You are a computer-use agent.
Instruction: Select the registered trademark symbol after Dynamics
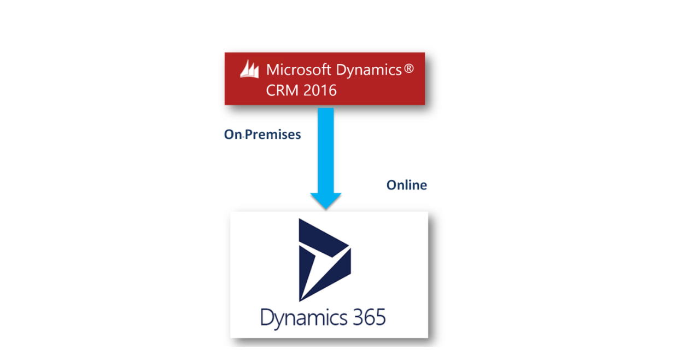[409, 69]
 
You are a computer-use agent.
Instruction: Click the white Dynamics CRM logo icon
[249, 70]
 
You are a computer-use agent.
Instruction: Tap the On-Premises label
[262, 135]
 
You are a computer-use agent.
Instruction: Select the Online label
[406, 185]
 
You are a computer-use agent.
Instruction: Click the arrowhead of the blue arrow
[326, 200]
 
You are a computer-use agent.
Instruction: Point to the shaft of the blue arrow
[326, 148]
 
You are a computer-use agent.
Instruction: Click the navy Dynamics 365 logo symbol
[324, 259]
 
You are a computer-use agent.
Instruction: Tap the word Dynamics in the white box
[304, 318]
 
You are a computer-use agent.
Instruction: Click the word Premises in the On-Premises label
[273, 135]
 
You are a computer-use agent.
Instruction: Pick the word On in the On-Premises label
[232, 135]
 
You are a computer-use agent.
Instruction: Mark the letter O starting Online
[391, 185]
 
